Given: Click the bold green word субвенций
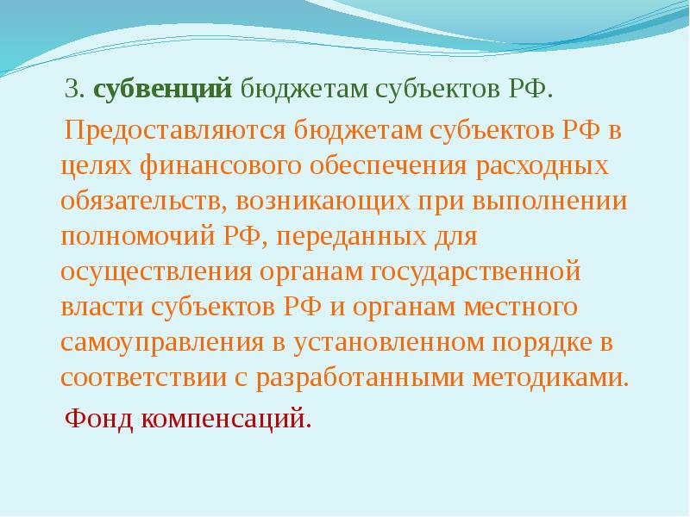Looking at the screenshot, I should pos(162,90).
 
